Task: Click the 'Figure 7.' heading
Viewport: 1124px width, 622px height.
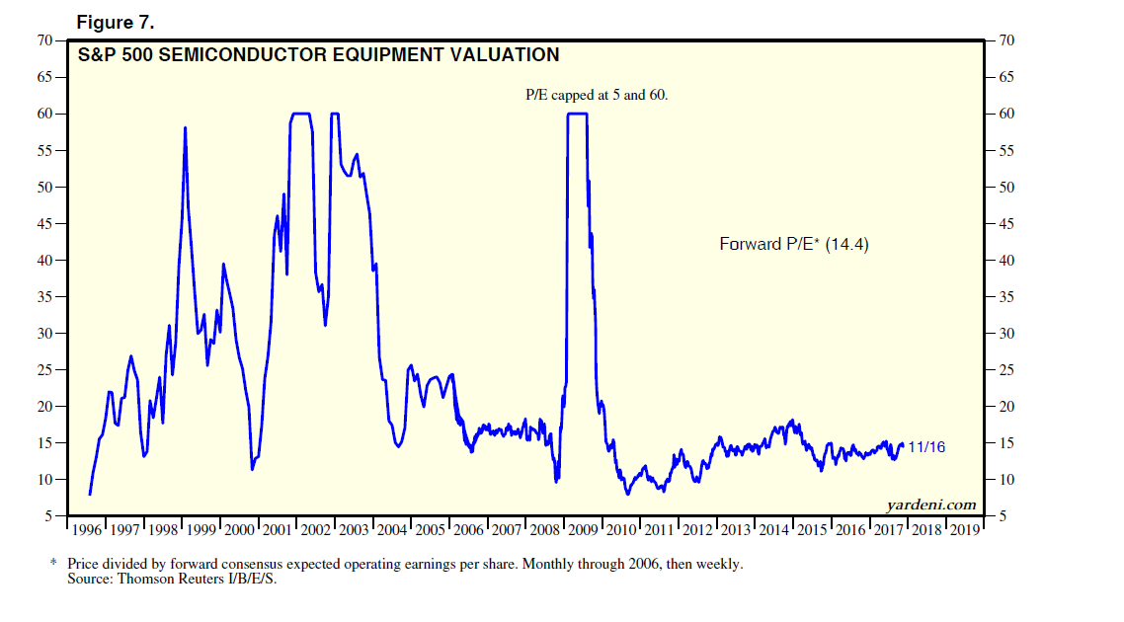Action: (x=122, y=23)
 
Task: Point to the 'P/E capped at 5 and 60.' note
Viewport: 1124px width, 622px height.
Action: (x=601, y=96)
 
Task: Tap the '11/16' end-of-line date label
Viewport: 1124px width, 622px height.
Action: (x=926, y=447)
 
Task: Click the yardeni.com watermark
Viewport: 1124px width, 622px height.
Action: (x=930, y=505)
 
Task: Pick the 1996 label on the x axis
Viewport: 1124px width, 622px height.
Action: (x=86, y=530)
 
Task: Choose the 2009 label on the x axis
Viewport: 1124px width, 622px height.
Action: (x=586, y=530)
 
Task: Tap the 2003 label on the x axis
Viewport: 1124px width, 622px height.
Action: (x=355, y=530)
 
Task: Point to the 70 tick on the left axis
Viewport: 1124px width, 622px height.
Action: (x=44, y=40)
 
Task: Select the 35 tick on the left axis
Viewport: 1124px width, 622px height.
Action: (x=44, y=297)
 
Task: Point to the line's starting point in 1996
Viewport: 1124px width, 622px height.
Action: (x=90, y=494)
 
